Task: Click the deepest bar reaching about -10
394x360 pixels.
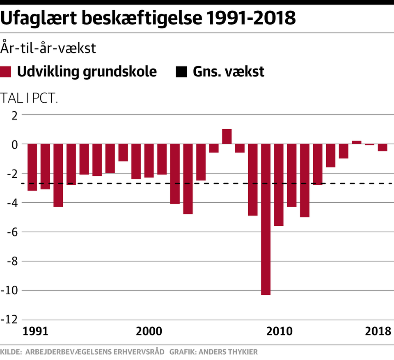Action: click(266, 219)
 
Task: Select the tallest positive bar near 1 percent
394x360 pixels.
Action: click(227, 137)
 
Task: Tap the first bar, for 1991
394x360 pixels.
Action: click(32, 167)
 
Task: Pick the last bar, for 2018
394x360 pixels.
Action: click(383, 148)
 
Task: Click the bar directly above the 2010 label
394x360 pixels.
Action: click(279, 185)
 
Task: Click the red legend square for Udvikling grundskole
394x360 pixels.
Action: click(5, 72)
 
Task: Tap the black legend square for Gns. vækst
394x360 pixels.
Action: click(181, 72)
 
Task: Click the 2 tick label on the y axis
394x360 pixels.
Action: click(15, 115)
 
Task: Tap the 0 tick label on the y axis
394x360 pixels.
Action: click(15, 144)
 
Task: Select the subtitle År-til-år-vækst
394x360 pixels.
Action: click(48, 48)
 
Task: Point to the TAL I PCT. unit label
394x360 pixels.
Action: click(29, 99)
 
